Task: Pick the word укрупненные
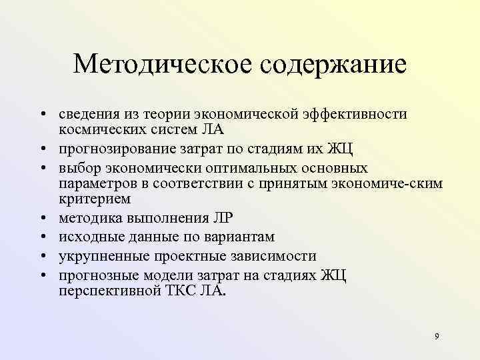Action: click(x=99, y=256)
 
